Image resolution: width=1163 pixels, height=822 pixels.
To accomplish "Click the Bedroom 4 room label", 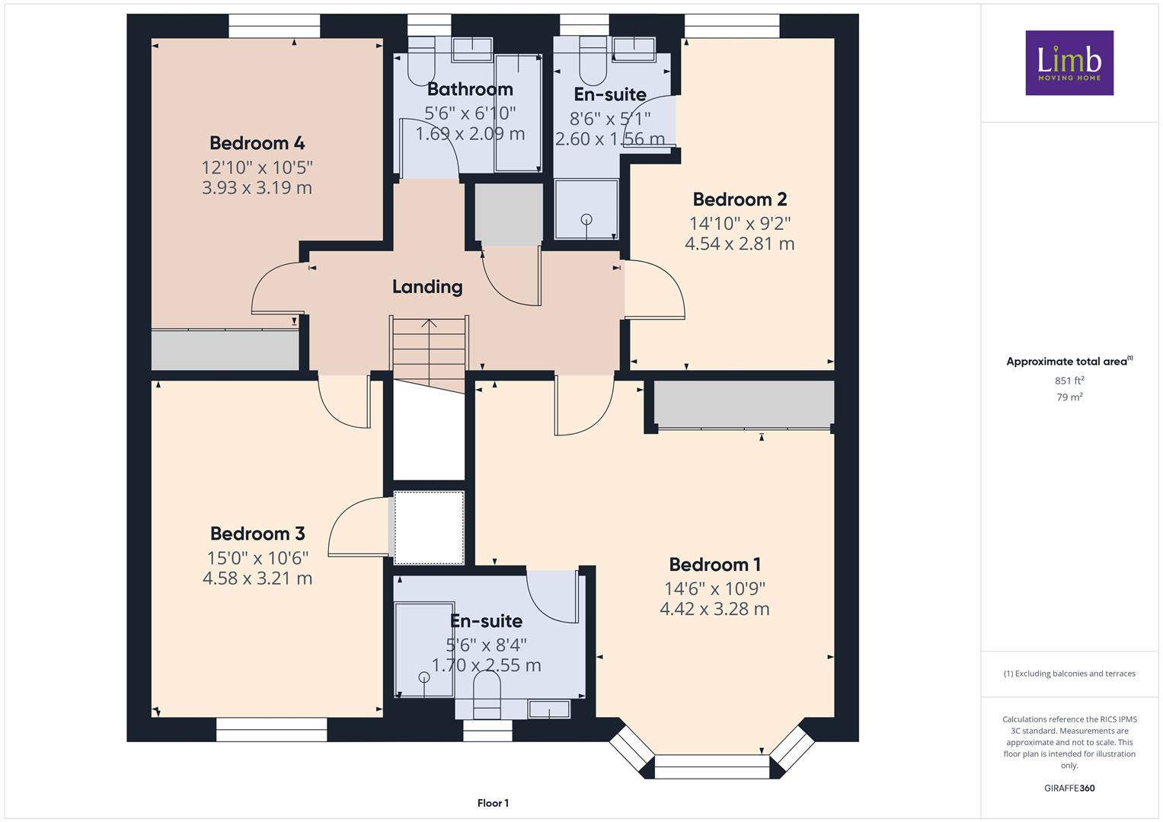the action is pyautogui.click(x=257, y=143).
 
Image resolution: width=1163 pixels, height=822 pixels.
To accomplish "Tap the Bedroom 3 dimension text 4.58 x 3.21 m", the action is pyautogui.click(x=257, y=578).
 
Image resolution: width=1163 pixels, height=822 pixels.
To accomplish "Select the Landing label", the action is pyautogui.click(x=427, y=286).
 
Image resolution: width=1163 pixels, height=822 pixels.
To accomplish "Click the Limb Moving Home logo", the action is pyautogui.click(x=1069, y=62).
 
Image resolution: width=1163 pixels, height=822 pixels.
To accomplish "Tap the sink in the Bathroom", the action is pyautogui.click(x=472, y=49).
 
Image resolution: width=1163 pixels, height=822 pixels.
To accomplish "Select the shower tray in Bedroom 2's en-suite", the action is pyautogui.click(x=586, y=209).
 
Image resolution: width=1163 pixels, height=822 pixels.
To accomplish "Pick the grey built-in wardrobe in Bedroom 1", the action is pyautogui.click(x=743, y=403).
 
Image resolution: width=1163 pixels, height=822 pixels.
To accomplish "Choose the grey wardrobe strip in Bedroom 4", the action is pyautogui.click(x=225, y=350).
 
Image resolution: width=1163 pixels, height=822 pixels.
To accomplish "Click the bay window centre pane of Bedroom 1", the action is pyautogui.click(x=711, y=766).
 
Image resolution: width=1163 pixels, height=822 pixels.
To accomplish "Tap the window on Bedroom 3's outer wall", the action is pyautogui.click(x=272, y=730).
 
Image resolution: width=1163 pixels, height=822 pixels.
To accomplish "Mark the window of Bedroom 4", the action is pyautogui.click(x=274, y=26).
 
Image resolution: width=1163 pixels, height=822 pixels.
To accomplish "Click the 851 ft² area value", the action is pyautogui.click(x=1069, y=381).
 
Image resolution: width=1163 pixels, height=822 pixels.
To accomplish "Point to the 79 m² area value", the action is pyautogui.click(x=1069, y=397).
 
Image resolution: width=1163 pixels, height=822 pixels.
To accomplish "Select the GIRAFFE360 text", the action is pyautogui.click(x=1069, y=789).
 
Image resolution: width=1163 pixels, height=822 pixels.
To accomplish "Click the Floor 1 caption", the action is pyautogui.click(x=493, y=803).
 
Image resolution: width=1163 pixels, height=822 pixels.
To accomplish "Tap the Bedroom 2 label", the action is pyautogui.click(x=740, y=199).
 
